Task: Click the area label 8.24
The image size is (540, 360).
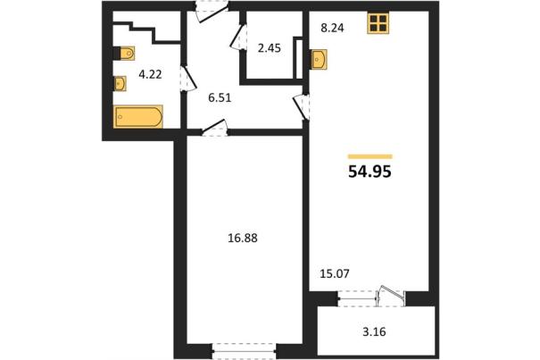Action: click(332, 28)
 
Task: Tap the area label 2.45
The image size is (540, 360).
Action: click(270, 48)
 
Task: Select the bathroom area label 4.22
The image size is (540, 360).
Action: click(150, 74)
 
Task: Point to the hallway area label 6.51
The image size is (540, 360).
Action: click(220, 98)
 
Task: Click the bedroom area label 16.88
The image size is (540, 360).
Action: click(243, 238)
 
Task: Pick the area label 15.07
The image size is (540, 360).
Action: click(335, 274)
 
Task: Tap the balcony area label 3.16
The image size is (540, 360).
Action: click(374, 332)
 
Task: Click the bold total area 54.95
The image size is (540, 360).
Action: click(370, 172)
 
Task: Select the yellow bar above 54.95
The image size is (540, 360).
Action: click(370, 156)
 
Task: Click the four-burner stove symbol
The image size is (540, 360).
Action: click(378, 23)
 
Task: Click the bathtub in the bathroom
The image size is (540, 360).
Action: click(138, 116)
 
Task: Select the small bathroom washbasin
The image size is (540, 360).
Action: click(120, 83)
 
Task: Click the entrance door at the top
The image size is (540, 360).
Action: click(212, 12)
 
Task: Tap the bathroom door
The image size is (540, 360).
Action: click(188, 79)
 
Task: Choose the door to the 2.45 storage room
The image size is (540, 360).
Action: click(238, 37)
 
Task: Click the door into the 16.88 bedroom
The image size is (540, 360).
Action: click(214, 128)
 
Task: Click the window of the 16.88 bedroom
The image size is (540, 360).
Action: click(244, 351)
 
